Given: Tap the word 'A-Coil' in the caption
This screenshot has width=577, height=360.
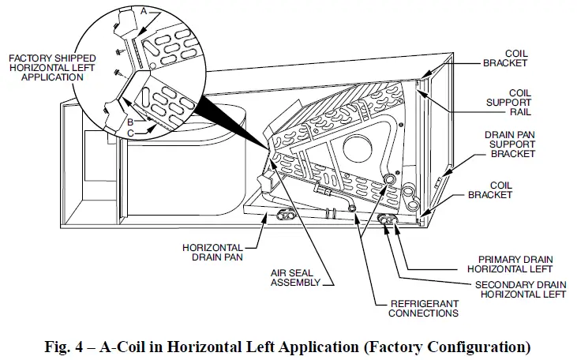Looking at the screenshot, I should [135, 347].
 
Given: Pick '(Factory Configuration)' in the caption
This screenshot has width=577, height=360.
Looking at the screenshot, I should [447, 347].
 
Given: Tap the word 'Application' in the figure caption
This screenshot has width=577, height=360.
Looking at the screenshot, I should [324, 347].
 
